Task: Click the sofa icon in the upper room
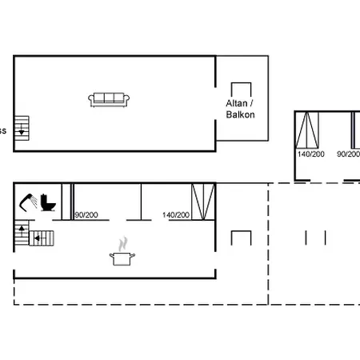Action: (x=110, y=99)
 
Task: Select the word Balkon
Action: (x=241, y=115)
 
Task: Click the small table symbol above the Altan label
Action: (x=242, y=90)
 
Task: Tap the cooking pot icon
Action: (x=122, y=258)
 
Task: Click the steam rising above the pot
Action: (x=122, y=242)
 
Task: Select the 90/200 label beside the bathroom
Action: (x=86, y=214)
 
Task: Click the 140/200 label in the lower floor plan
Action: (x=176, y=214)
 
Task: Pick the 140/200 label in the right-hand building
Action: (x=310, y=154)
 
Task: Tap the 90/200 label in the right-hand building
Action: (x=348, y=154)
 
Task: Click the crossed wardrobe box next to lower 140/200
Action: (x=203, y=200)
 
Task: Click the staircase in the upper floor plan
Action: (x=22, y=126)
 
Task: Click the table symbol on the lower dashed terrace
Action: (x=242, y=238)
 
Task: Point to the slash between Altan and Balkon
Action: (x=254, y=104)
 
